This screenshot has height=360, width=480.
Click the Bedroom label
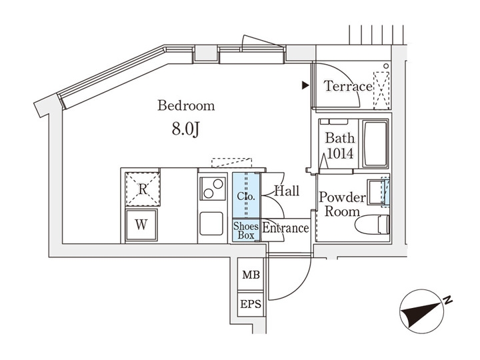coord(185,105)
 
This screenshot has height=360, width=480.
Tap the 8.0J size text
coord(185,129)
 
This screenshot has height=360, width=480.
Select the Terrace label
coord(347,87)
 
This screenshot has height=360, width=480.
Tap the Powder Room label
coord(341,205)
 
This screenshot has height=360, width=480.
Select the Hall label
coord(287,191)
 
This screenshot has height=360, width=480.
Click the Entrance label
coord(285,229)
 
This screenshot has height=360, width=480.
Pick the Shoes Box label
coord(245,231)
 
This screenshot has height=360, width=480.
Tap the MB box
coord(251,275)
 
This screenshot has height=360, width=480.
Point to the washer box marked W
coord(141,224)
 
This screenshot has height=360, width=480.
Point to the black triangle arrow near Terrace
coord(305,85)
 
